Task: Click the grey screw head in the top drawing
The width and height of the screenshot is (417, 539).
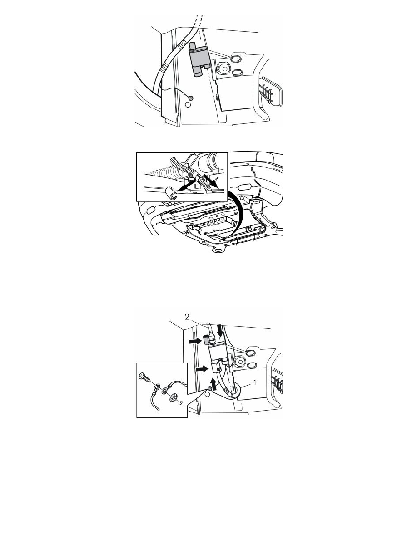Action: pos(190,98)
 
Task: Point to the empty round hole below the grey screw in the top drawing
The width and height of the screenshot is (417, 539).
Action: pos(188,105)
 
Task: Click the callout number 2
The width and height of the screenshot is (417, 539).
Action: pos(187,317)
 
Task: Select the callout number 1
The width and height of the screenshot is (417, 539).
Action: pos(255,382)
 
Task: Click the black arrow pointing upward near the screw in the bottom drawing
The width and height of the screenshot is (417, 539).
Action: pos(215,383)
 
